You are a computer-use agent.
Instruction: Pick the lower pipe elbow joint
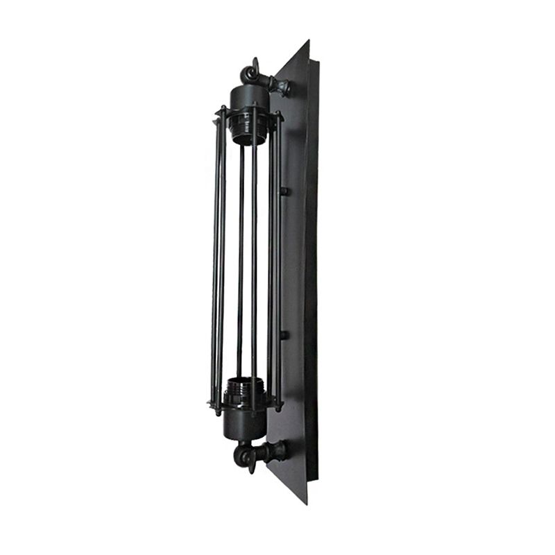point(244,454)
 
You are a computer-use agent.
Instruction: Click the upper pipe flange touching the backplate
point(284,87)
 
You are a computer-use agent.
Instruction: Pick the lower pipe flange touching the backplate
point(281,451)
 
